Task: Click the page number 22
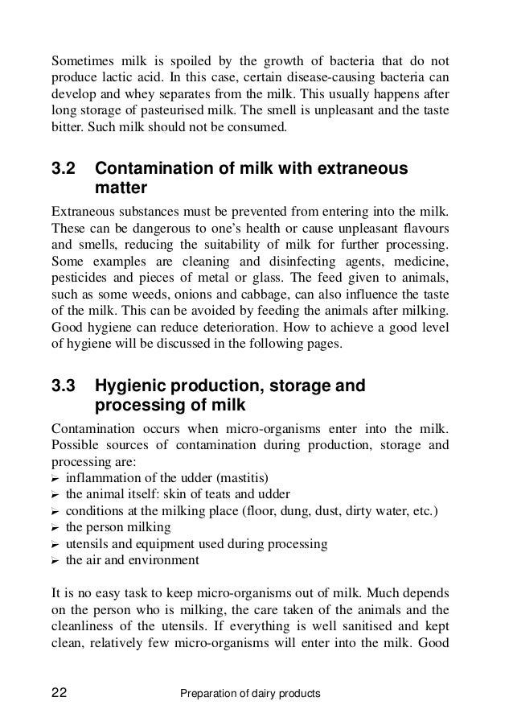[x=59, y=691]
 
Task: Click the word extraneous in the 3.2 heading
[x=361, y=170]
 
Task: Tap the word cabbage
[x=250, y=295]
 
